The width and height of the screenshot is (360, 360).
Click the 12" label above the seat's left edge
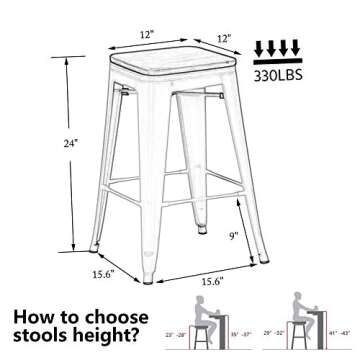pos(147,35)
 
